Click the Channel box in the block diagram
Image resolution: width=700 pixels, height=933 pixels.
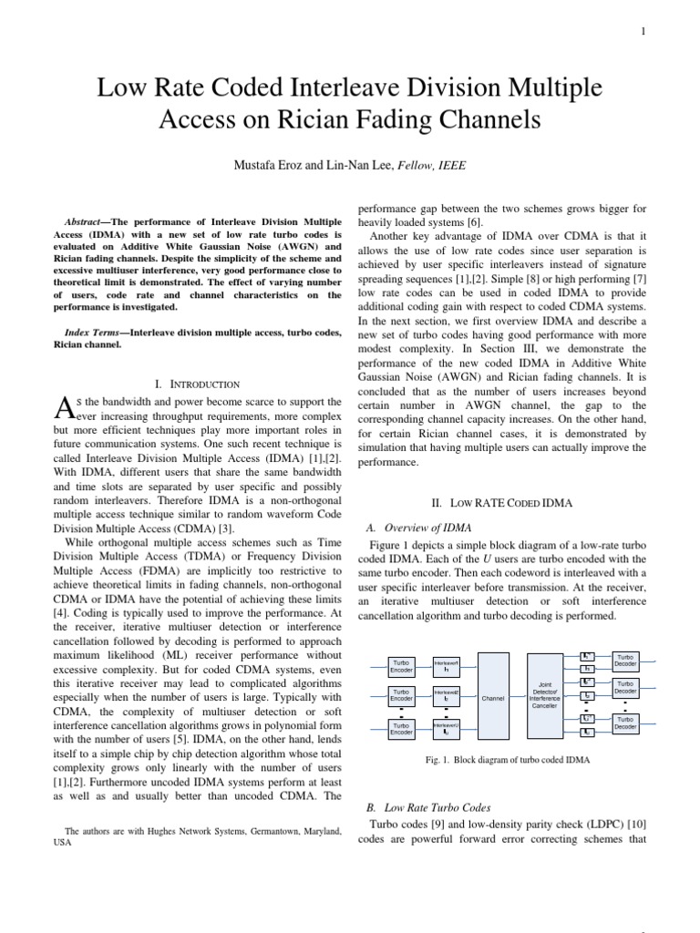click(493, 698)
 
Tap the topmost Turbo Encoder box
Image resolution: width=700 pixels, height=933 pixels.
click(401, 666)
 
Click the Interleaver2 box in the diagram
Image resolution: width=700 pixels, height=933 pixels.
click(446, 697)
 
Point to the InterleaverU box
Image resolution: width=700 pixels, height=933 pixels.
click(446, 727)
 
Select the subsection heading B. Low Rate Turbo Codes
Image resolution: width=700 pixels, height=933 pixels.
click(427, 807)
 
